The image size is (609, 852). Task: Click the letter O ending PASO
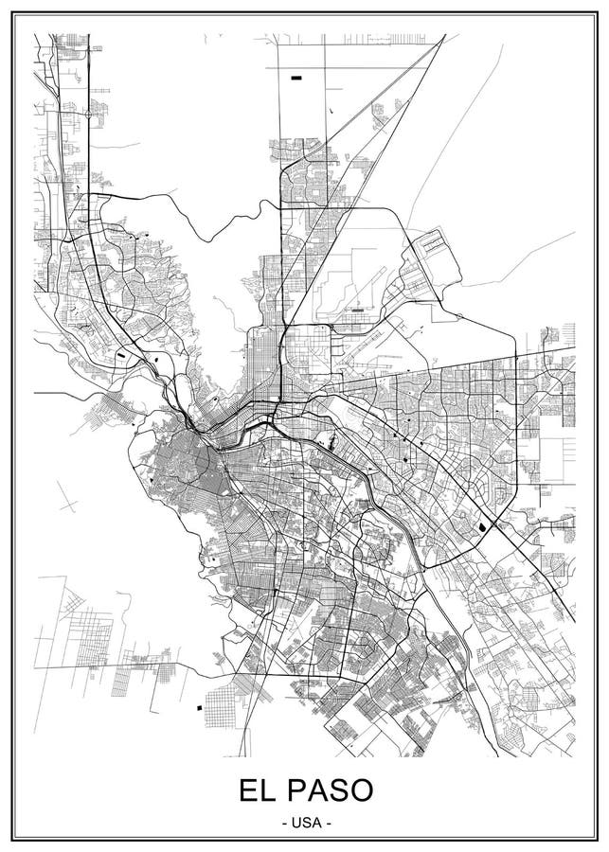[364, 790]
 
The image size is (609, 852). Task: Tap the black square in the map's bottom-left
[199, 707]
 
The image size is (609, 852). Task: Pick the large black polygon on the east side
[484, 526]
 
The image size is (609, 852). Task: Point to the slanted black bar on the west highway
[123, 356]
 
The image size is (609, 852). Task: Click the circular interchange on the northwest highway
[88, 114]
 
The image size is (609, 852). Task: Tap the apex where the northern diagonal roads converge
[444, 36]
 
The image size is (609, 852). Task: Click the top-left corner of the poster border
[16, 13]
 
